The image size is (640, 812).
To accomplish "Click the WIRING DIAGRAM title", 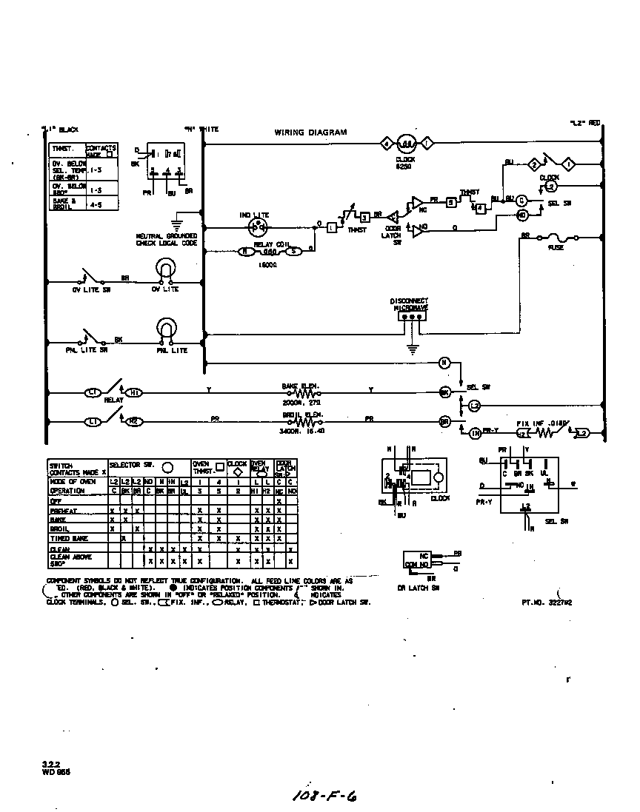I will click(x=310, y=132).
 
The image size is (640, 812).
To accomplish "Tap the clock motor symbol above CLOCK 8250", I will click(x=405, y=143).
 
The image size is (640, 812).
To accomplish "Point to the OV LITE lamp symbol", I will click(x=165, y=271).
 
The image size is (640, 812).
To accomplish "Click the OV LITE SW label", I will click(x=91, y=291).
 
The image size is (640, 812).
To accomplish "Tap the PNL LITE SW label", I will click(x=90, y=349).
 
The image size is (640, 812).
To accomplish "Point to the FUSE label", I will click(x=555, y=248).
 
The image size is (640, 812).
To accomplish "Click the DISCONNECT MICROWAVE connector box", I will click(x=409, y=315).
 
